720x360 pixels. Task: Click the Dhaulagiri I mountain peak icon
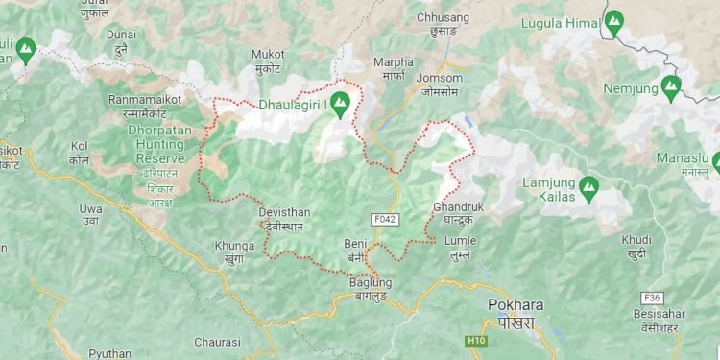click(339, 109)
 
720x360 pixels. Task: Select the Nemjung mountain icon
click(671, 87)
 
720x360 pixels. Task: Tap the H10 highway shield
click(477, 341)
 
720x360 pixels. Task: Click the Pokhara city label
click(516, 305)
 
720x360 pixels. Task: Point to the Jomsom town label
click(442, 78)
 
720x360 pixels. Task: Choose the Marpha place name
click(393, 63)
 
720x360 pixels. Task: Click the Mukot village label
click(268, 55)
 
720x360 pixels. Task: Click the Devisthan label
click(284, 212)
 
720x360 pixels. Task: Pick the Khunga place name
click(235, 246)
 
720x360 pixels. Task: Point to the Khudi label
click(636, 239)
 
